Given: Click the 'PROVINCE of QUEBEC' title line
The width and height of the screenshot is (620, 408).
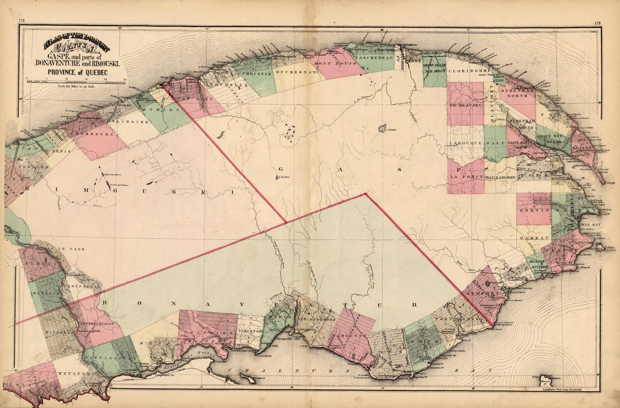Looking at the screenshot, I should click(77, 72).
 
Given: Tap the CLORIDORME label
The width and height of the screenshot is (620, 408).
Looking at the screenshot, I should click(469, 71).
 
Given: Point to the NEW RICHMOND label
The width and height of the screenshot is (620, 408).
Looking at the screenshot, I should click(316, 319).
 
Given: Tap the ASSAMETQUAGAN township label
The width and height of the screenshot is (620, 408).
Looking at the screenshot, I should click(97, 324).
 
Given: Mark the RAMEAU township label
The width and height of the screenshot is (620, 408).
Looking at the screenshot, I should click(535, 238).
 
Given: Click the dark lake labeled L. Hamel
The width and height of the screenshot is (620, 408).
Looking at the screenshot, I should click(382, 128).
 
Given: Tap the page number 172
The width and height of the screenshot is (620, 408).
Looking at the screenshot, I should click(21, 20).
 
